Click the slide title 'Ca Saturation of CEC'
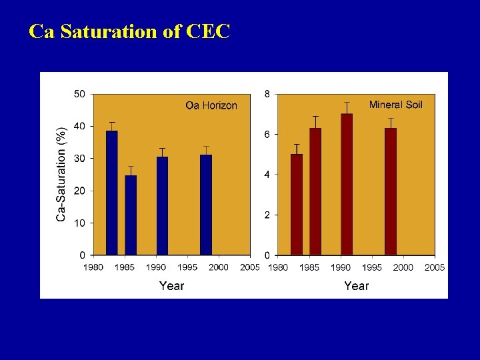pos(129,31)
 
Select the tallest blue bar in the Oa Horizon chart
pos(112,193)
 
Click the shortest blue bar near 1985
pos(131,215)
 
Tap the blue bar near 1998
pos(206,205)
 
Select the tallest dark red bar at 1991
pos(347,184)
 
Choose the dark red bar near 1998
pos(391,191)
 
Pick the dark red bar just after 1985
pos(315,191)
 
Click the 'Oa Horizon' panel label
pos(211,105)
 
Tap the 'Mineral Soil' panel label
pos(395,105)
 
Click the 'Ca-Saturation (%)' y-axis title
pos(61,174)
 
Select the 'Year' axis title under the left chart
pos(171,285)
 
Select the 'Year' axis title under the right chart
pos(356,285)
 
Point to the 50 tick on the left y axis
pos(79,94)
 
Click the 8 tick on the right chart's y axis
pos(267,94)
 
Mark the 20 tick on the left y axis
pos(79,191)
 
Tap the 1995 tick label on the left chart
pos(187,267)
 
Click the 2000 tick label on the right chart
pos(403,267)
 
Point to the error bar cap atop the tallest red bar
pos(347,103)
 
